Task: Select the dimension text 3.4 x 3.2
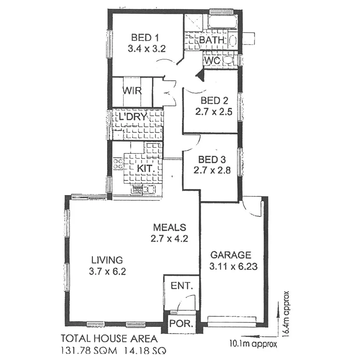147,49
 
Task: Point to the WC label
211,61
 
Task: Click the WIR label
132,91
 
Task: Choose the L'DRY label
133,117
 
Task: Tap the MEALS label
169,227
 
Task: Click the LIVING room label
107,259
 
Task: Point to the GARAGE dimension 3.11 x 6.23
233,267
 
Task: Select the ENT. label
182,286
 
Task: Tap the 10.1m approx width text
253,344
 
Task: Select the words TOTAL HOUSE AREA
109,339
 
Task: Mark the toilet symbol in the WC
228,60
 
